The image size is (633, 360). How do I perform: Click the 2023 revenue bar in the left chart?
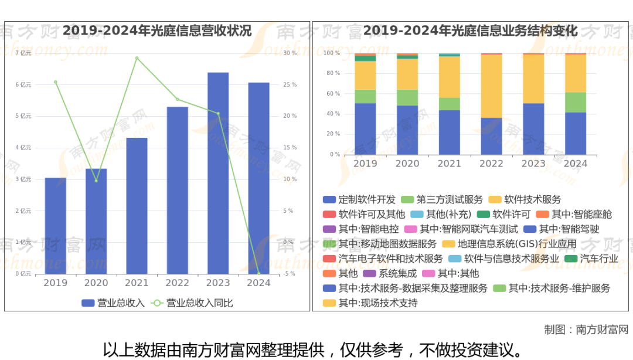click(x=218, y=173)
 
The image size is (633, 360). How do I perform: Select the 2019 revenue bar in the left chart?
click(x=56, y=226)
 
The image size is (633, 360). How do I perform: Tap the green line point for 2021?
click(x=137, y=58)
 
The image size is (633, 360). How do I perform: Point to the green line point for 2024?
click(x=258, y=273)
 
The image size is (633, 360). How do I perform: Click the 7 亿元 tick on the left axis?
click(x=23, y=53)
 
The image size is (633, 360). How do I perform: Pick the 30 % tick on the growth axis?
click(x=290, y=53)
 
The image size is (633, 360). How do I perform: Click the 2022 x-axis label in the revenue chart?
click(x=178, y=283)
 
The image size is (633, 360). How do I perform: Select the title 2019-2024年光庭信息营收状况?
click(x=157, y=31)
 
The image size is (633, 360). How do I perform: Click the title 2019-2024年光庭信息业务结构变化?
click(x=470, y=31)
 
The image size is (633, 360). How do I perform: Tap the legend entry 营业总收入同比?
click(x=199, y=303)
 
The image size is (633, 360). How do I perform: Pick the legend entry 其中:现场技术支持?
click(x=377, y=303)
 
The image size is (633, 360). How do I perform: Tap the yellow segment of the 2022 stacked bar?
click(x=491, y=86)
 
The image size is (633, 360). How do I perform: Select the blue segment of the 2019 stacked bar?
click(x=365, y=129)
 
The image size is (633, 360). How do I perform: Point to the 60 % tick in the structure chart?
click(x=333, y=94)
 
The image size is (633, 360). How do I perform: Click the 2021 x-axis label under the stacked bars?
click(x=449, y=164)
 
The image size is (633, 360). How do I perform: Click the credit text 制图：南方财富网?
click(x=586, y=330)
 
